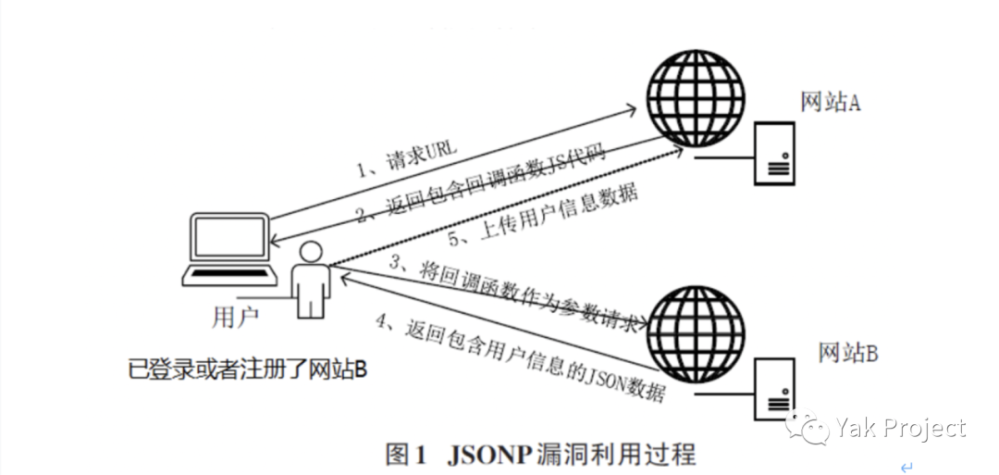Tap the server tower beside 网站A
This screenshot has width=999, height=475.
click(774, 153)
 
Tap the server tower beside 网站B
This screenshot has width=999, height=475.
click(774, 388)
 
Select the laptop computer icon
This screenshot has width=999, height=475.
click(230, 250)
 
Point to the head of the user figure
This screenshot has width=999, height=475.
click(311, 253)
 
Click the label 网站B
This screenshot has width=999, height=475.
click(848, 351)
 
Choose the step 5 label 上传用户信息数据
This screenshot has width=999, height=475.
click(543, 216)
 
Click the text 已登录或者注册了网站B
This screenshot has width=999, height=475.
click(249, 370)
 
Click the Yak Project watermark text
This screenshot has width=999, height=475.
click(900, 428)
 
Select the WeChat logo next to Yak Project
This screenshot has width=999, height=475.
click(808, 426)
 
